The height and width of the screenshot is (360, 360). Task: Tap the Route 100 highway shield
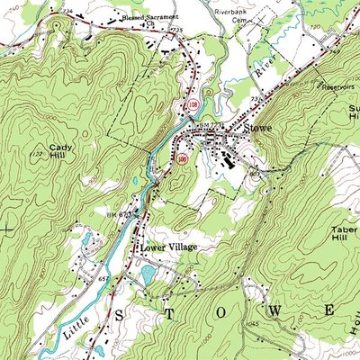tap(183, 159)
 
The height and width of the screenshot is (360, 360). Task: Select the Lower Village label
tap(167, 246)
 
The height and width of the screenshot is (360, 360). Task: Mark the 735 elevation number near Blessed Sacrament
tap(175, 30)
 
